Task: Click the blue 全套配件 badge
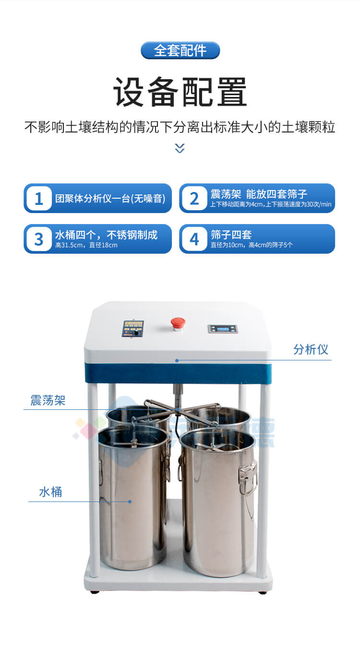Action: point(180,50)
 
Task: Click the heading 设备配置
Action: point(180,92)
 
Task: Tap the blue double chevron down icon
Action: point(180,148)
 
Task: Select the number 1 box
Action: point(39,198)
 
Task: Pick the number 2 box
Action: point(194,198)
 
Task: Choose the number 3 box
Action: point(39,239)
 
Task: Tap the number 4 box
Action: point(194,239)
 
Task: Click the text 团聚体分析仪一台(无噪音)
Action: point(110,198)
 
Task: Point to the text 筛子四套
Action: point(231,235)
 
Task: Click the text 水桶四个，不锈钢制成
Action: point(106,235)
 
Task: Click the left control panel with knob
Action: point(133,329)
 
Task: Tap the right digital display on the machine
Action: point(222,329)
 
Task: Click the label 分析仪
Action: point(311,349)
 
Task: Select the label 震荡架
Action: point(48,401)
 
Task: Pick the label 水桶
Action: point(50,492)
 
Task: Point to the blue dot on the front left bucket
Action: point(130,502)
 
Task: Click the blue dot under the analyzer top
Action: point(177,360)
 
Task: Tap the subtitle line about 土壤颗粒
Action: point(180,127)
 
